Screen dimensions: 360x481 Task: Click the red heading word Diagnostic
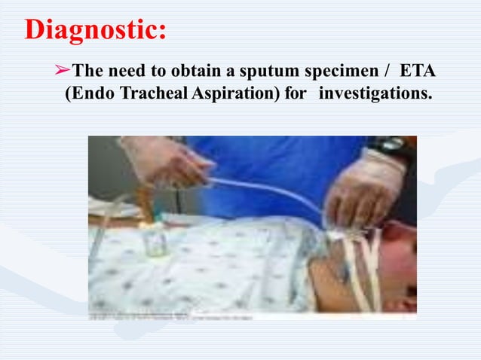coord(95,29)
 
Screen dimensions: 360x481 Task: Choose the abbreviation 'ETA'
coord(420,72)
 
